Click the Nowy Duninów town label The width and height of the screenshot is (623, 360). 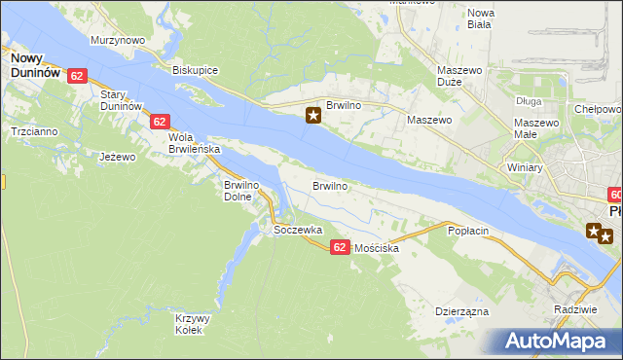click(36, 65)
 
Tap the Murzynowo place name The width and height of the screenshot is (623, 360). click(118, 41)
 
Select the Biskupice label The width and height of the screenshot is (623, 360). click(195, 71)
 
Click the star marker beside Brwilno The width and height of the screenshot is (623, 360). click(313, 117)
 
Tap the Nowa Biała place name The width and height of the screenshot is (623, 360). click(481, 19)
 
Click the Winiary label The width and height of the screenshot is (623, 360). click(525, 167)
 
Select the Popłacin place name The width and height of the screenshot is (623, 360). click(467, 231)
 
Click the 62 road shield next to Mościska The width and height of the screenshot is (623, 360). click(339, 248)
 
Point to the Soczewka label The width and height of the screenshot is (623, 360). click(298, 231)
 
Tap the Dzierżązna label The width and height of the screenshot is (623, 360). click(461, 312)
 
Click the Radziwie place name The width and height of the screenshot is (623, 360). click(573, 308)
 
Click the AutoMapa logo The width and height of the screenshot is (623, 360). click(561, 341)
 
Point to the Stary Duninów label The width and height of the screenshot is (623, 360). click(122, 99)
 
